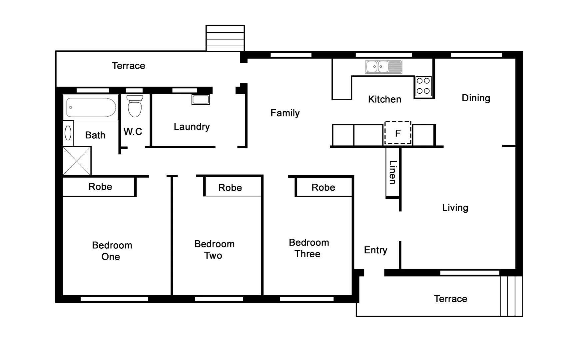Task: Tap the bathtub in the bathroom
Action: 91,107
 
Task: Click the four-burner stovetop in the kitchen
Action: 423,86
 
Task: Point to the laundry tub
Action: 201,99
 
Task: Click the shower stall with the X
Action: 77,161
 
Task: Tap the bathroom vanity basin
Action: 68,133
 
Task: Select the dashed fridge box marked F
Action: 398,133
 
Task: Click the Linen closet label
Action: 393,172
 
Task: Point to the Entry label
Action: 375,250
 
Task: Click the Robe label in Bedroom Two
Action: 230,188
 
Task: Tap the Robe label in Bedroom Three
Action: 323,187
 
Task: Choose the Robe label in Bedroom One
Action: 100,187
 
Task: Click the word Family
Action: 285,113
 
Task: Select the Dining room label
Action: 476,98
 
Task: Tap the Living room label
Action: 455,208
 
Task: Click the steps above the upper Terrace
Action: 225,38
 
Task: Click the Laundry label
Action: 192,127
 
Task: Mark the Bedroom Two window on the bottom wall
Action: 219,299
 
